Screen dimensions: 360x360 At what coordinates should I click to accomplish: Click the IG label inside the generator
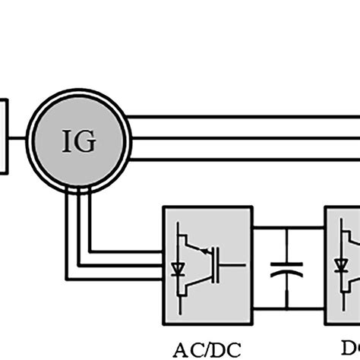(80, 141)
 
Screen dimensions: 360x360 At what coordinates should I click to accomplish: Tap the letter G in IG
(88, 141)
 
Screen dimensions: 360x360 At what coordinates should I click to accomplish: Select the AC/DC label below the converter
(207, 349)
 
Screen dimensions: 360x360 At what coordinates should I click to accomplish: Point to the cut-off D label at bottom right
(352, 349)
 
